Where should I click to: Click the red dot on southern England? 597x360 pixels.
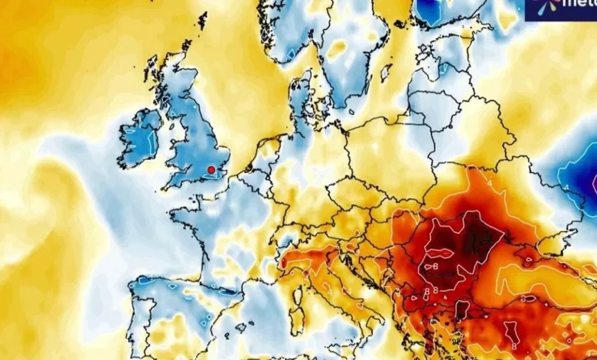pos(211,170)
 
